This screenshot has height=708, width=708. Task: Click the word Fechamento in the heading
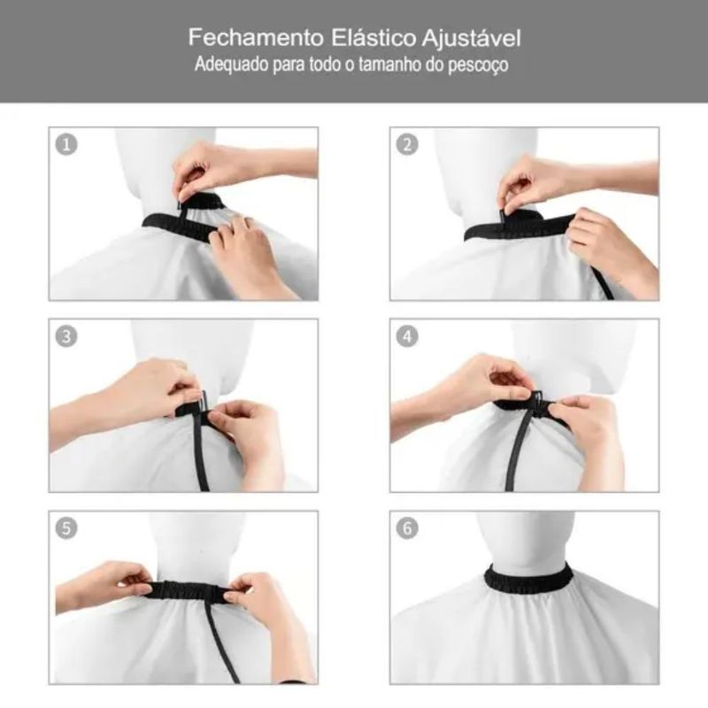click(256, 37)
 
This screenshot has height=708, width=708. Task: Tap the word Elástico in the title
click(373, 37)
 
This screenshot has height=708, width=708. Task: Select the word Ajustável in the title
click(472, 38)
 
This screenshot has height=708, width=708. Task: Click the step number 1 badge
click(66, 144)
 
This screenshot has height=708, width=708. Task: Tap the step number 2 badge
click(407, 144)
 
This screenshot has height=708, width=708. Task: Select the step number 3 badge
click(66, 336)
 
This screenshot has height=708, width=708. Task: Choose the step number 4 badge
click(407, 336)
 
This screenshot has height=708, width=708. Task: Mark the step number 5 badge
click(66, 528)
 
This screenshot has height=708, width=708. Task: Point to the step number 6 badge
click(407, 528)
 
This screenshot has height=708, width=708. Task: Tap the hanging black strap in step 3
click(201, 451)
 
